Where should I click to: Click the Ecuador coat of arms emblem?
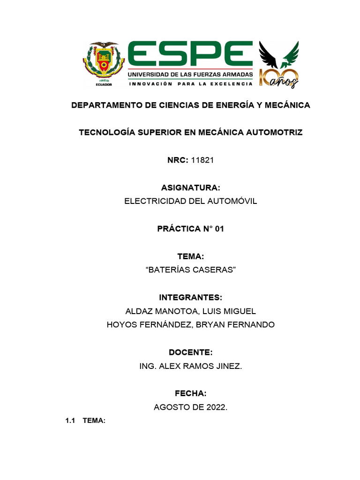(104, 64)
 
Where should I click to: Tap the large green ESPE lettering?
(190, 55)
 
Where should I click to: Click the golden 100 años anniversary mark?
(279, 78)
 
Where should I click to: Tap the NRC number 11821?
(202, 160)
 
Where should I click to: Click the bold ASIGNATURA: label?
(190, 188)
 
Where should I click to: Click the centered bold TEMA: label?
(190, 256)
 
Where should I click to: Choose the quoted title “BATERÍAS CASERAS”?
(190, 270)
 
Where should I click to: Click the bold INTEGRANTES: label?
(190, 298)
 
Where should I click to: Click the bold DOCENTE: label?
(190, 352)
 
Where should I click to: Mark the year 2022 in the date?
(216, 407)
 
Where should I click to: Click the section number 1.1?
(70, 421)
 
